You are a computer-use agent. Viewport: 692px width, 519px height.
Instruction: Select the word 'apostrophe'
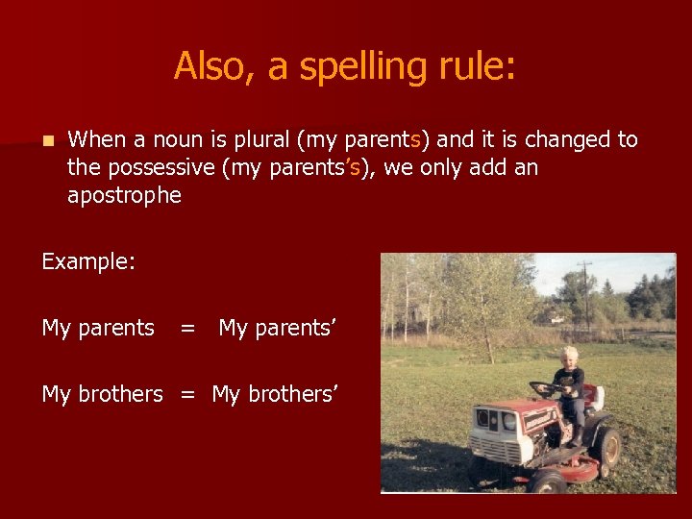pyautogui.click(x=124, y=196)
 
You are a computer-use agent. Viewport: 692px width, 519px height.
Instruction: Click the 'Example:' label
pyautogui.click(x=88, y=262)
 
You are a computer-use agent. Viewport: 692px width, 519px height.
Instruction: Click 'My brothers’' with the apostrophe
pyautogui.click(x=275, y=394)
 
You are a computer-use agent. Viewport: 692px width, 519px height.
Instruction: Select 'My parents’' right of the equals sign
pyautogui.click(x=277, y=329)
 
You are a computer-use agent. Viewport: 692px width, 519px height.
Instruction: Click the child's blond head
pyautogui.click(x=569, y=355)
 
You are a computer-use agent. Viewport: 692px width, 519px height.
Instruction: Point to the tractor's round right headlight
pyautogui.click(x=509, y=421)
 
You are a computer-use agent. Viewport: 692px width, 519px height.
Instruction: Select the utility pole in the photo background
pyautogui.click(x=584, y=293)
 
